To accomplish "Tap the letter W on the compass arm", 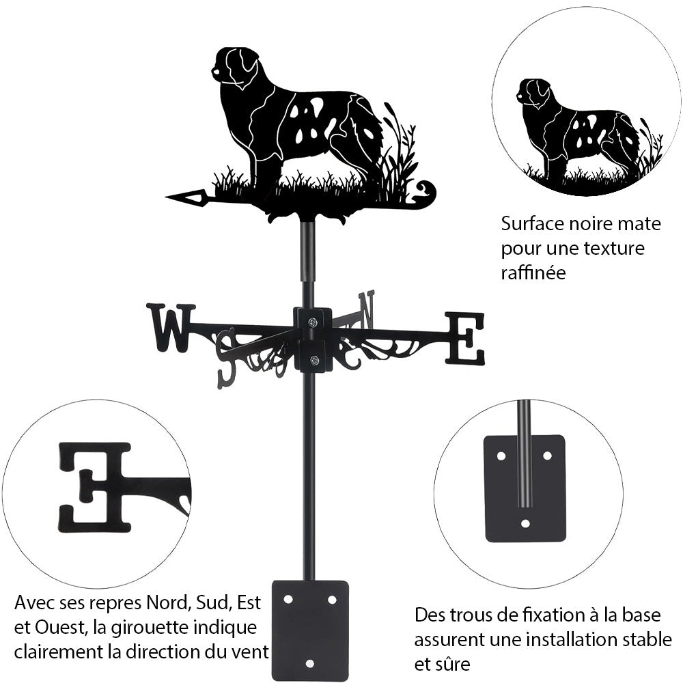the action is [x=170, y=329].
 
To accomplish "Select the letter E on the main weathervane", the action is [x=464, y=338].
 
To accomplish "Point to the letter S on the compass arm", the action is [x=229, y=358].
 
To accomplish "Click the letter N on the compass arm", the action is [x=367, y=309].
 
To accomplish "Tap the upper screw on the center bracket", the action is [x=313, y=322].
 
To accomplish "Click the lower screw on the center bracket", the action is [x=313, y=359].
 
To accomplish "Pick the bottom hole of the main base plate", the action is [x=309, y=664].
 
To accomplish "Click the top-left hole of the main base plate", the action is [x=288, y=600].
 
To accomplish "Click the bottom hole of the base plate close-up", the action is [x=525, y=523].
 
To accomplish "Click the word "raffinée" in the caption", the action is [x=533, y=273].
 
